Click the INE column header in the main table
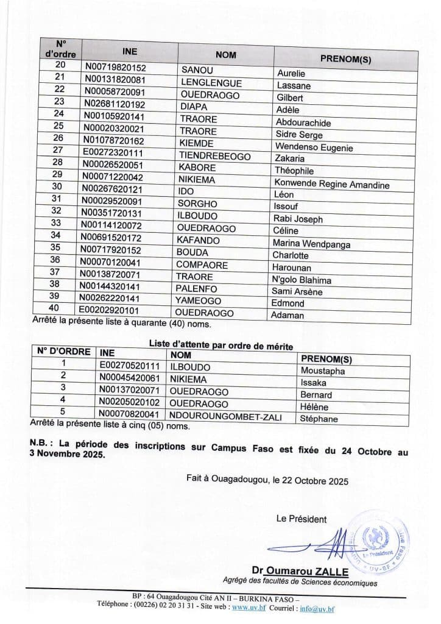coord(130,51)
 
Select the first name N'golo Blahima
coord(303,280)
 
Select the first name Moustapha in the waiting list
coord(323,370)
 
